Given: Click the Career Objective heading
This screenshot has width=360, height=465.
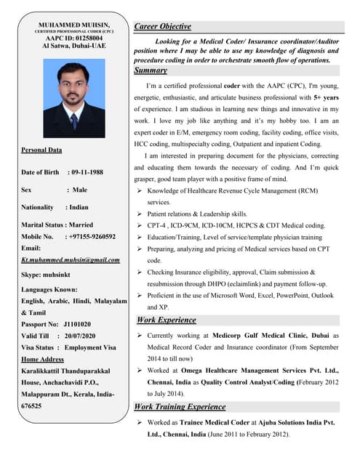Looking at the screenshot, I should click(165, 27).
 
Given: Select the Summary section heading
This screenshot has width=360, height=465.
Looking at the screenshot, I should click(151, 71).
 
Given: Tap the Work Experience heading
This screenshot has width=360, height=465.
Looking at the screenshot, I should click(166, 320).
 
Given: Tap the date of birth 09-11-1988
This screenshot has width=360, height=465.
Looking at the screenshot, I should click(87, 172).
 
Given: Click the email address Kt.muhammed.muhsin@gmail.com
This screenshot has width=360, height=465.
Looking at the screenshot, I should click(71, 259).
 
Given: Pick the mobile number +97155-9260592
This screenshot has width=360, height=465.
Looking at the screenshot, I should click(90, 236).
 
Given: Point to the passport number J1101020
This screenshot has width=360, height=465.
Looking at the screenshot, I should click(78, 323).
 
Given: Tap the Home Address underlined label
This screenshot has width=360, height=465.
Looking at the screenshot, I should click(43, 359).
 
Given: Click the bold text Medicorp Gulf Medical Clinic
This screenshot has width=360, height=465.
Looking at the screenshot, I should click(266, 336).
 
